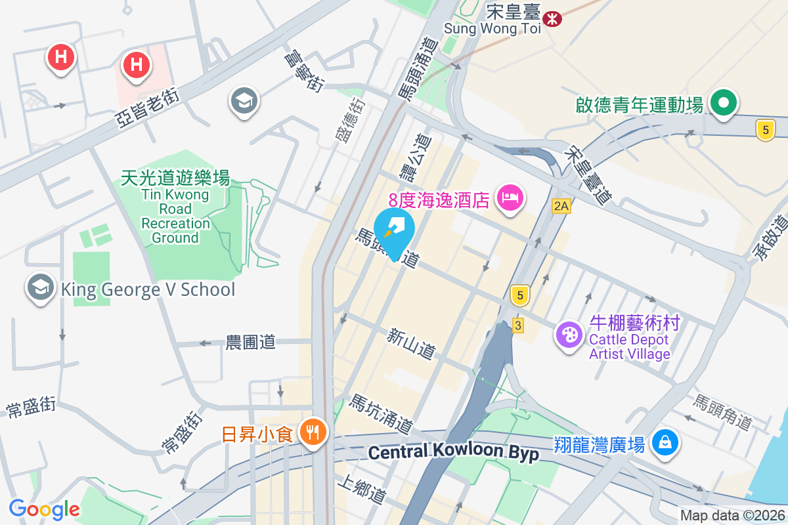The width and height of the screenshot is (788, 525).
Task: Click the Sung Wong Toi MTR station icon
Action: [x=553, y=18]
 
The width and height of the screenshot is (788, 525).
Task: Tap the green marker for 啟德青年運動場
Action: [x=724, y=103]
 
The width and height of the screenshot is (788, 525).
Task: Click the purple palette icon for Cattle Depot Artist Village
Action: [x=569, y=335]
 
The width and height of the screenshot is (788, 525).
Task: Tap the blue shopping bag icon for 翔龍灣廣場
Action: [x=665, y=443]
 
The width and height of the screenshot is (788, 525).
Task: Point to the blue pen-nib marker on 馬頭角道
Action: [x=394, y=232]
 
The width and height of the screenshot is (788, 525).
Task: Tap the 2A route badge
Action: [x=561, y=206]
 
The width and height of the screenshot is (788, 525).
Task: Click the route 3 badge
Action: [x=518, y=325]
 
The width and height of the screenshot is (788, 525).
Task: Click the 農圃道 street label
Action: [x=250, y=342]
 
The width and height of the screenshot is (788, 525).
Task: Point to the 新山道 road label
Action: [x=411, y=343]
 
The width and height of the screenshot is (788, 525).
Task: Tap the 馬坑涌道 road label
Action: [x=381, y=414]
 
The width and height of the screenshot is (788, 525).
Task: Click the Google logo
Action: [x=45, y=509]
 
